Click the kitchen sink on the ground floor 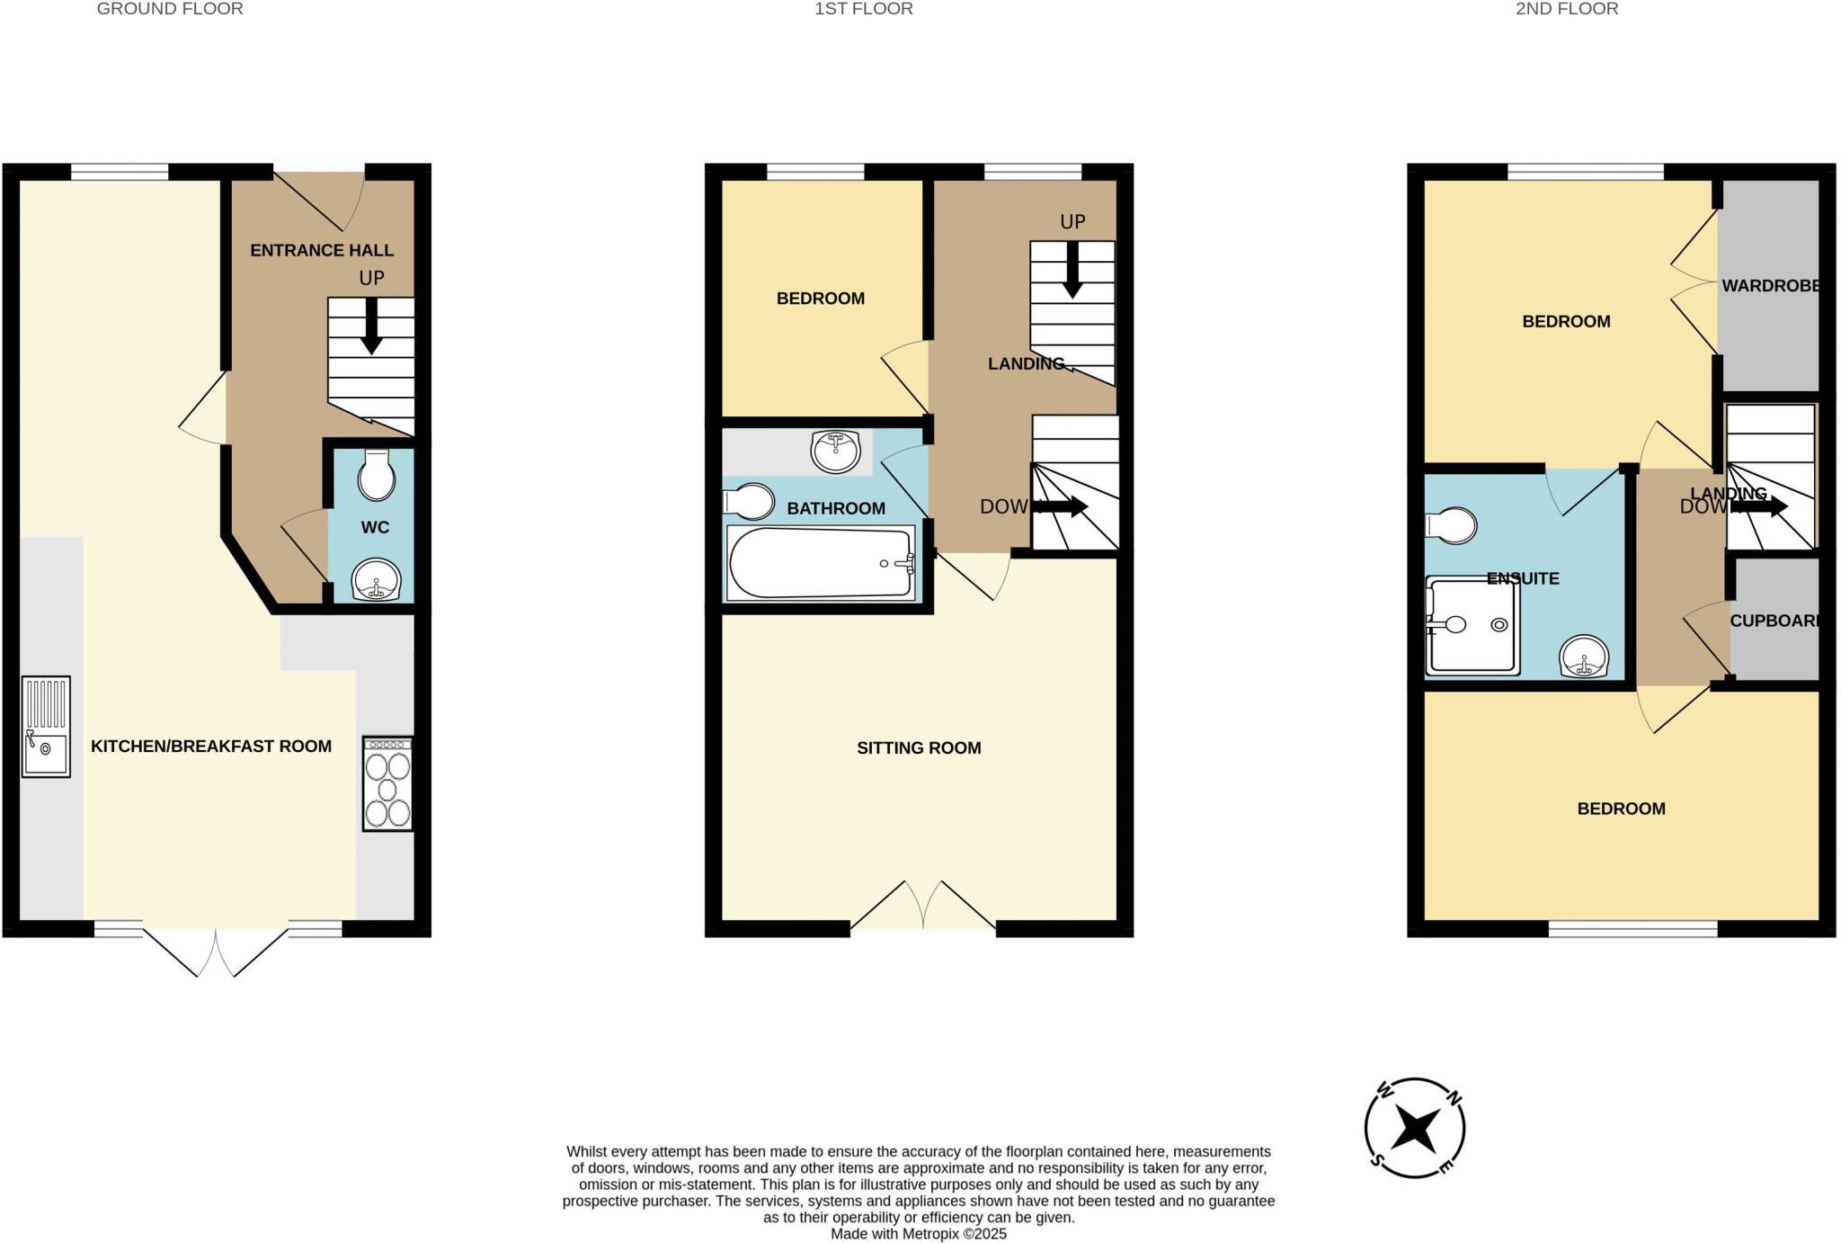(x=46, y=727)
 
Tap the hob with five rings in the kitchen (x=387, y=783)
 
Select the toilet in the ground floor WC (x=376, y=476)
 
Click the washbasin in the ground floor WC (x=376, y=579)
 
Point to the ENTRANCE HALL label (x=322, y=250)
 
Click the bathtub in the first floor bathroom (x=820, y=563)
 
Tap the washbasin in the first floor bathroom (x=835, y=452)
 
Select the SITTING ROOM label (x=919, y=747)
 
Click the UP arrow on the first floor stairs (x=1072, y=271)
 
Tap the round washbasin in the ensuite (x=1583, y=656)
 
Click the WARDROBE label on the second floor (x=1770, y=286)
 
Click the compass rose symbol (x=1415, y=1128)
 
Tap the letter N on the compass (x=1453, y=1098)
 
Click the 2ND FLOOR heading (x=1567, y=9)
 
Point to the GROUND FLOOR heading (x=170, y=9)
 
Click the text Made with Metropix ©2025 (x=918, y=1234)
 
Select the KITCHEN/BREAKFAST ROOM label (x=211, y=746)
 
